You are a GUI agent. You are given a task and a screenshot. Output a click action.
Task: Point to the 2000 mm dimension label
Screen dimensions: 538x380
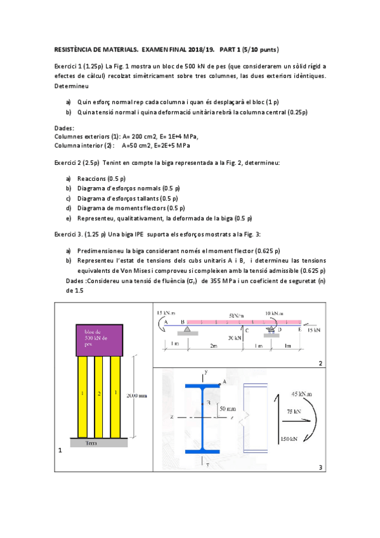[x=137, y=395]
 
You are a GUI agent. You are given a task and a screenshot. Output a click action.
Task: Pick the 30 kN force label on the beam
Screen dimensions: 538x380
[x=234, y=338]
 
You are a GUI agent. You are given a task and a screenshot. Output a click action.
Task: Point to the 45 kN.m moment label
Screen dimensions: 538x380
[x=300, y=393]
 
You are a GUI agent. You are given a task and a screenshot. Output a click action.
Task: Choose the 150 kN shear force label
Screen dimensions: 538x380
[x=288, y=440]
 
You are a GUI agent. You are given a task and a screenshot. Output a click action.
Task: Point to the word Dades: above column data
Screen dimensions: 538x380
[x=64, y=128]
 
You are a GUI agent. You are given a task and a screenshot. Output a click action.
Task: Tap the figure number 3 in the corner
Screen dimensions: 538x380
[x=321, y=468]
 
